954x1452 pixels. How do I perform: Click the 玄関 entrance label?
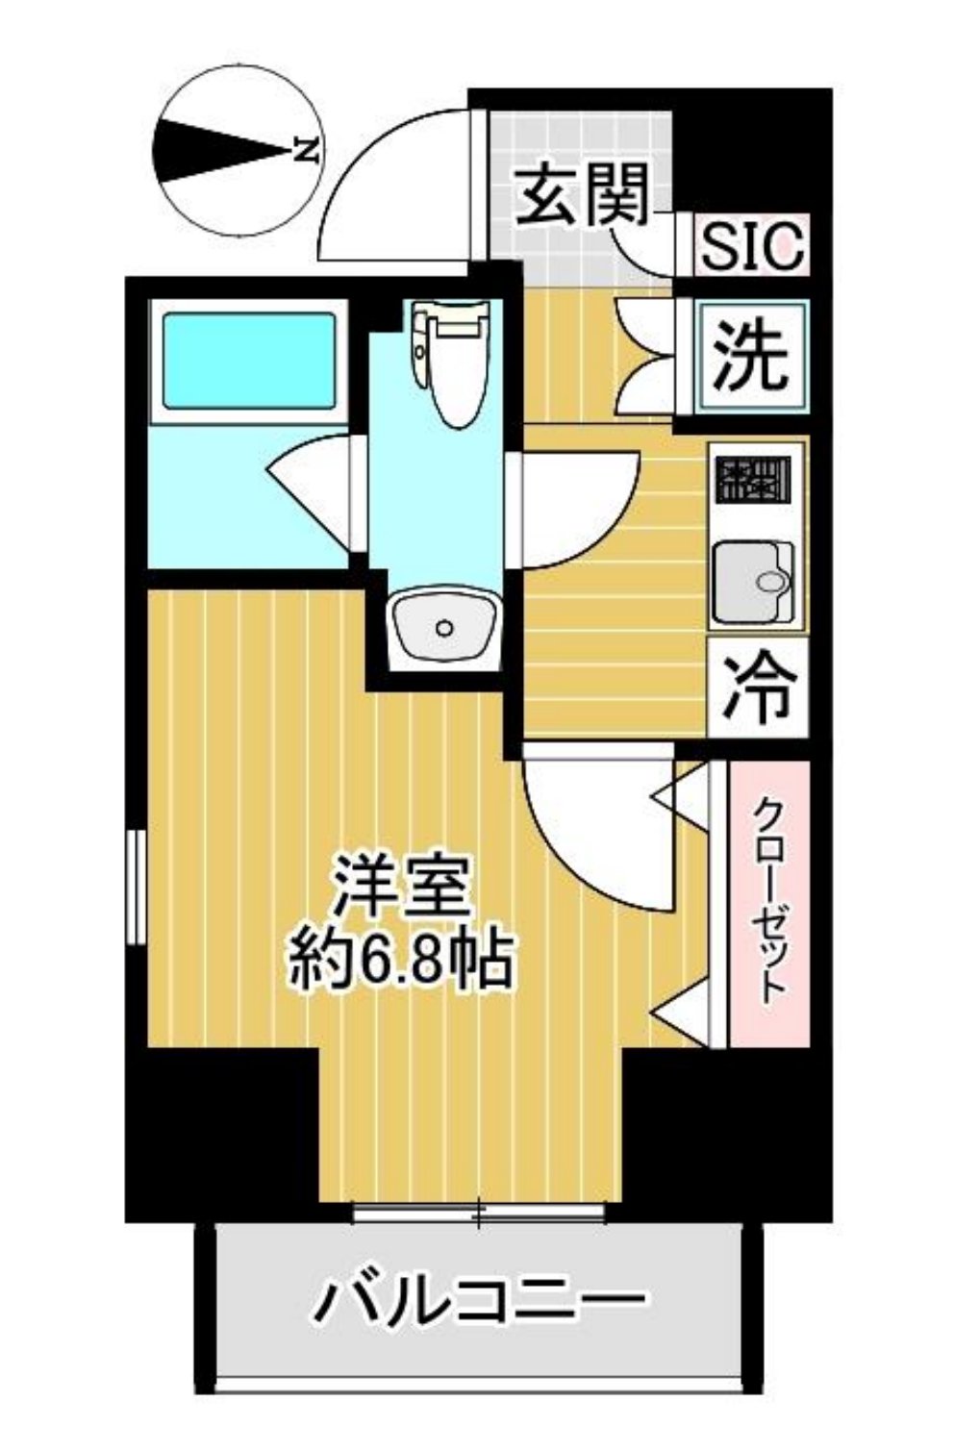click(x=582, y=195)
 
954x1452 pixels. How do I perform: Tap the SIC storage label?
click(x=751, y=246)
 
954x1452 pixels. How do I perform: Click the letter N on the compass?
click(x=305, y=150)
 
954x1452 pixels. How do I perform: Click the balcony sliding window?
click(x=478, y=1214)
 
